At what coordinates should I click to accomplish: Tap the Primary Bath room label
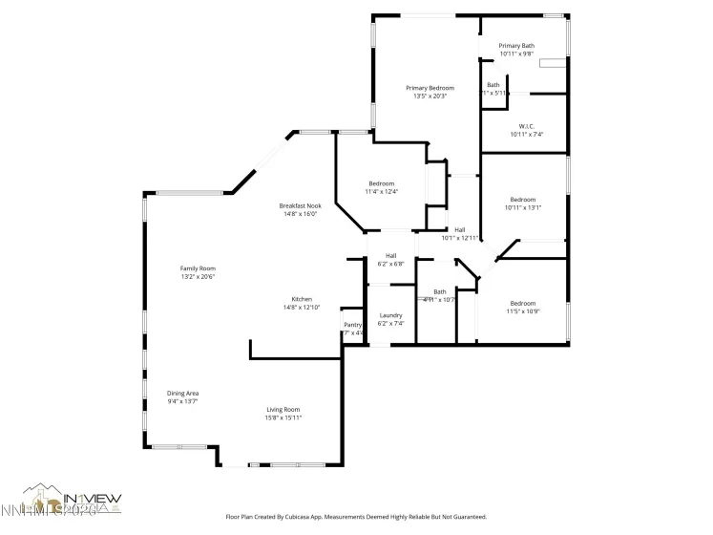[516, 46]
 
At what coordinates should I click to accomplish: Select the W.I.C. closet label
[526, 126]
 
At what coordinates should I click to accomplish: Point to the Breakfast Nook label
[300, 206]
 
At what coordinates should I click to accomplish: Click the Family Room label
[199, 268]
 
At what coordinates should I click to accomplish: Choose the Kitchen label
[302, 299]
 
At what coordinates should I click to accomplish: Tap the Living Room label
[283, 410]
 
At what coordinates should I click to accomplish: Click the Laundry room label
[390, 315]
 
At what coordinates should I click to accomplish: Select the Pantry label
[352, 325]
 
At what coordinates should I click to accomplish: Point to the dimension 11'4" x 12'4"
[381, 191]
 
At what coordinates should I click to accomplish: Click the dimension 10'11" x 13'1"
[523, 207]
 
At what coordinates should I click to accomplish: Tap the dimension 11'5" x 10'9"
[523, 311]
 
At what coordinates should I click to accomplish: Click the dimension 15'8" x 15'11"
[283, 417]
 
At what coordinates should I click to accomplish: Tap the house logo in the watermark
[40, 496]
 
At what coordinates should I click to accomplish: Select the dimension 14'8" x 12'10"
[302, 307]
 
